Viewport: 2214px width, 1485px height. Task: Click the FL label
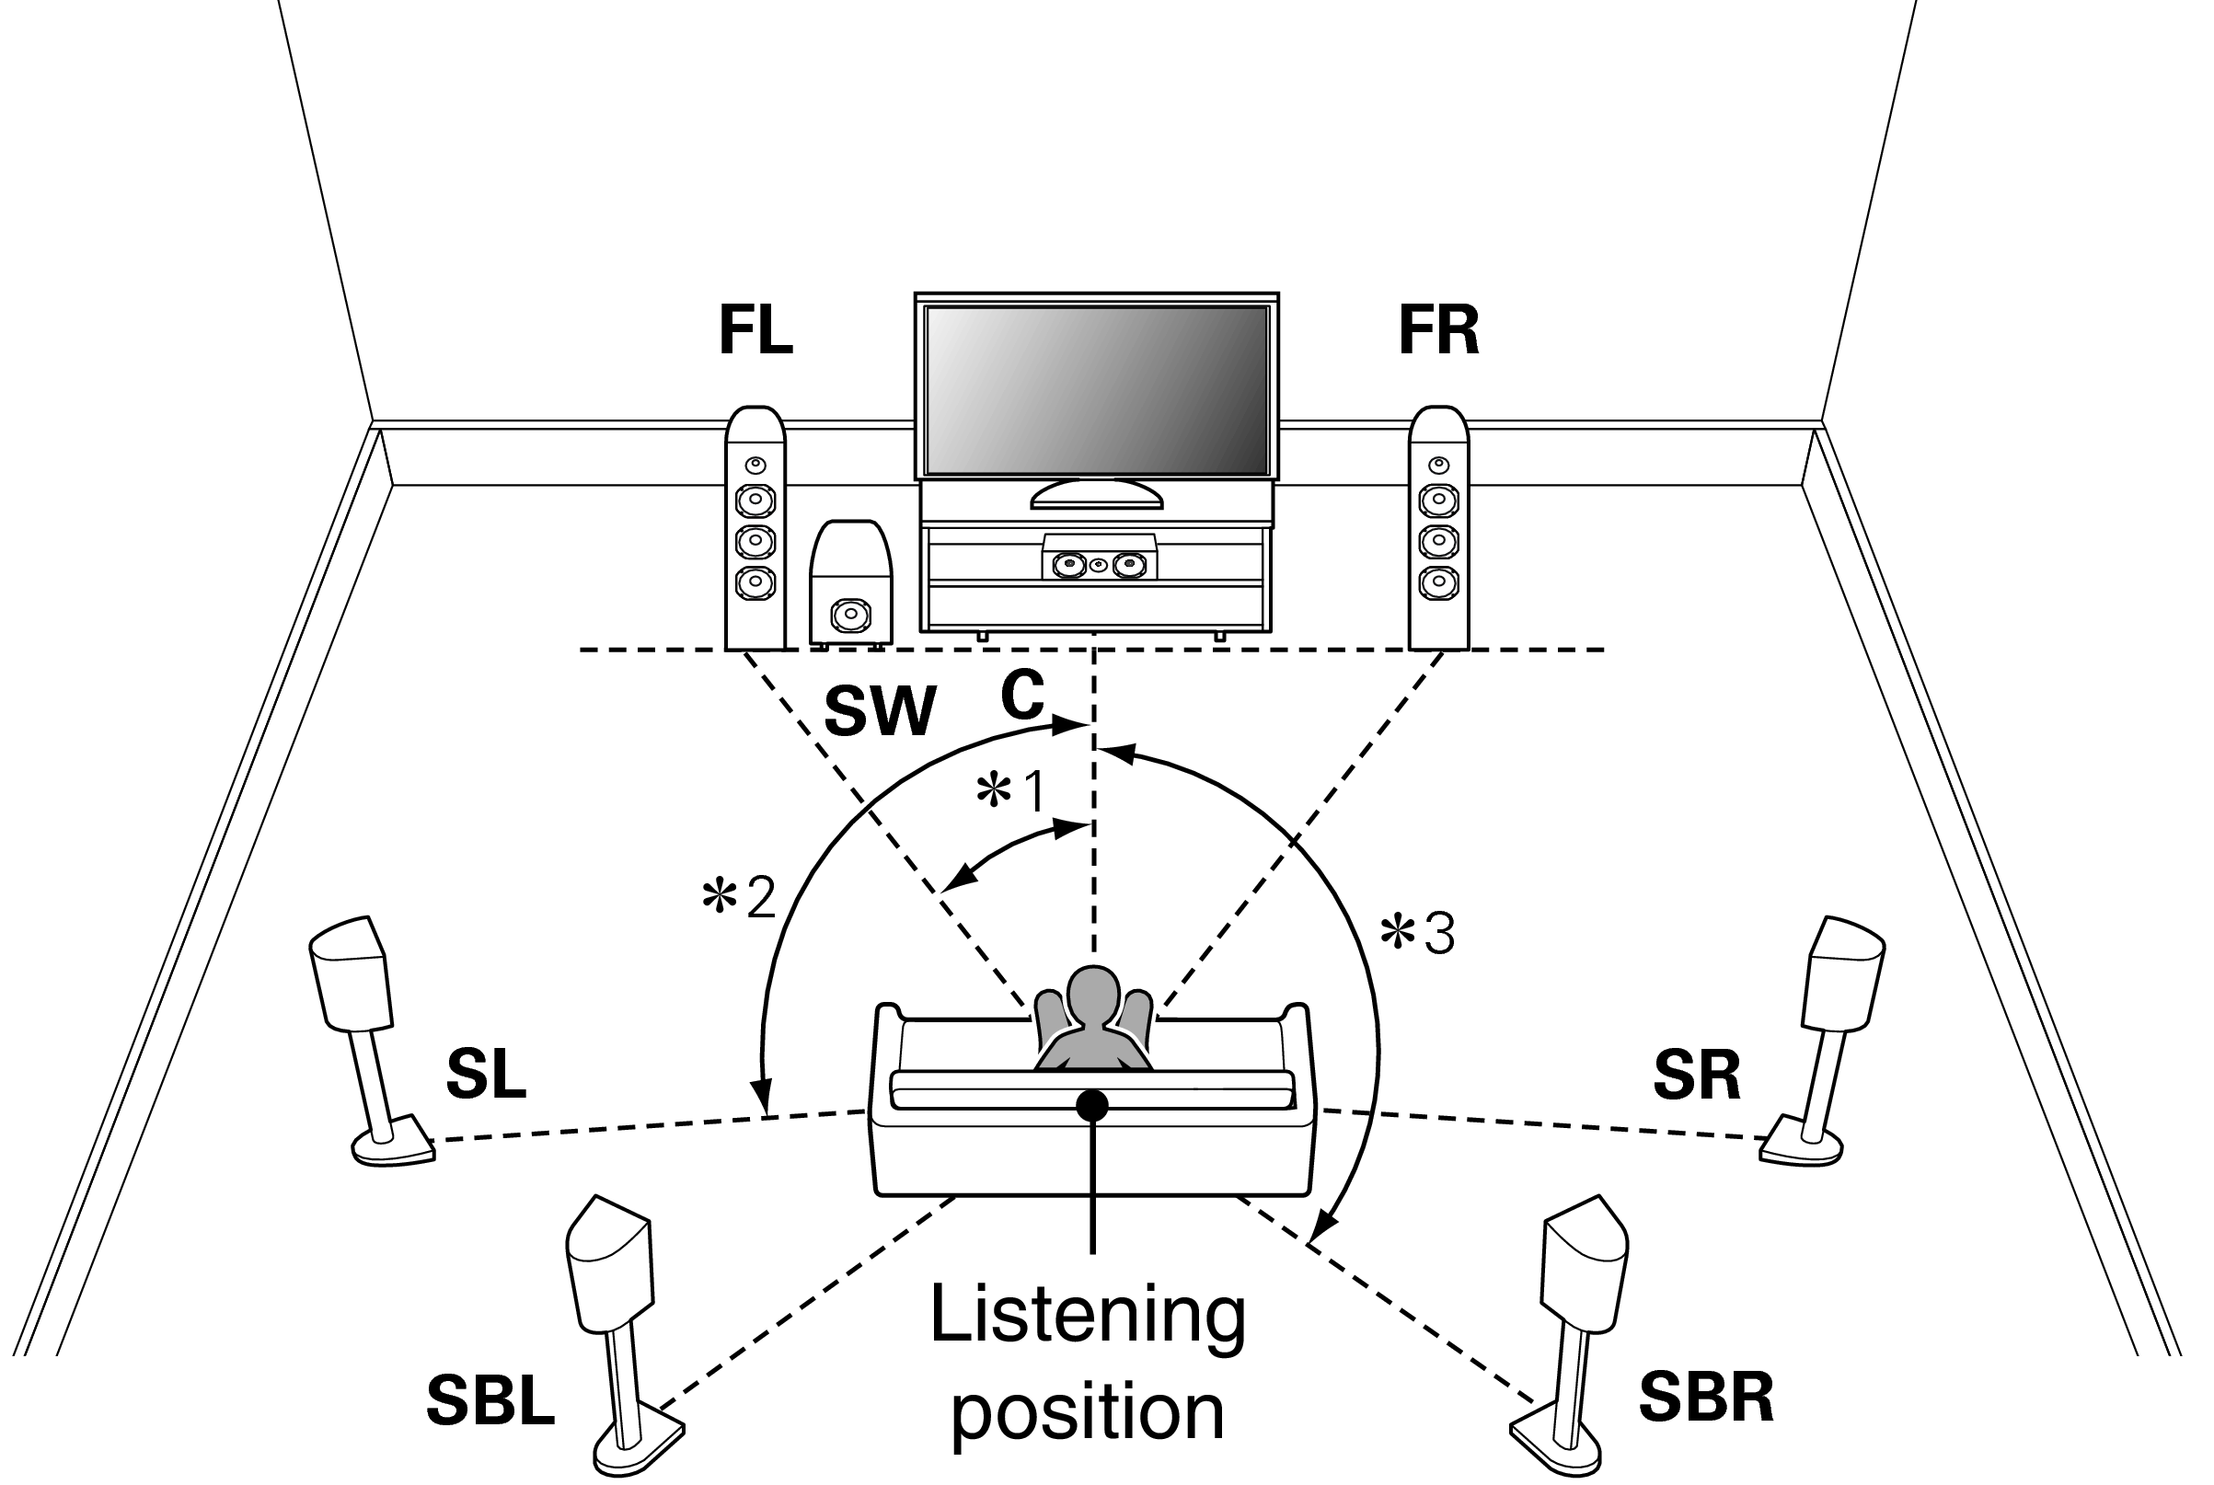[755, 330]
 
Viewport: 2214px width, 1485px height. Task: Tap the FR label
[1437, 330]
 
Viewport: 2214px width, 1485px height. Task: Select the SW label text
[880, 711]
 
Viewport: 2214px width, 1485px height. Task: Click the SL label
[485, 1075]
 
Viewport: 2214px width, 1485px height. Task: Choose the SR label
[1696, 1075]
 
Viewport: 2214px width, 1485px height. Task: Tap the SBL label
[490, 1400]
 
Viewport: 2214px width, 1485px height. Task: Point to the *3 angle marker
[1417, 934]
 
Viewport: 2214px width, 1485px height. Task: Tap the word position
[1087, 1412]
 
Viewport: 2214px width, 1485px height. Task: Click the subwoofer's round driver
[849, 616]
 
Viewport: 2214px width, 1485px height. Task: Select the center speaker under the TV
[1099, 564]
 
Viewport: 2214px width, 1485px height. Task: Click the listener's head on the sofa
[1094, 995]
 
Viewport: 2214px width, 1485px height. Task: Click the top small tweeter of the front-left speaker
[755, 465]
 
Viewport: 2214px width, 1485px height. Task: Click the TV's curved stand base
[1096, 496]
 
